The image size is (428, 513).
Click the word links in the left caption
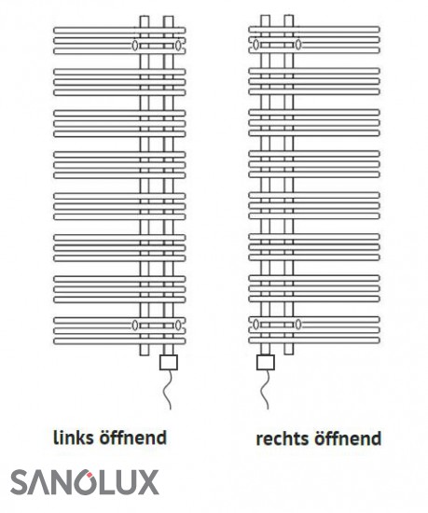click(74, 437)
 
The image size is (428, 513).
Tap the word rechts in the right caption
click(283, 438)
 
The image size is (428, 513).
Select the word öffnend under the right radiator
click(348, 438)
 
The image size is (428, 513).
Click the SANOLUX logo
click(85, 482)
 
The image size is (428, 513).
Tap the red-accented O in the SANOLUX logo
click(82, 482)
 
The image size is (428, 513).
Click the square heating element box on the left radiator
click(169, 363)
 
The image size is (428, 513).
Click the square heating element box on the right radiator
click(266, 362)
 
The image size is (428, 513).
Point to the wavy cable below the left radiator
click(168, 390)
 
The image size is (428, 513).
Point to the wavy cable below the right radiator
click(265, 389)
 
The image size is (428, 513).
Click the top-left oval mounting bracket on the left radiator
click(134, 45)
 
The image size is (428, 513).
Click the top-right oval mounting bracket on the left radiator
click(177, 45)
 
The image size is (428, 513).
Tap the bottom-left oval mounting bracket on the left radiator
click(134, 325)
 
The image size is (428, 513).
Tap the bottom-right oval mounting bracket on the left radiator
click(177, 325)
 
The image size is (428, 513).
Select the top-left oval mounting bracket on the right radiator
click(256, 44)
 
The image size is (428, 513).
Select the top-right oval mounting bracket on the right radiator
click(298, 44)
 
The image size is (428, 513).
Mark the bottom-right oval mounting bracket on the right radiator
click(298, 325)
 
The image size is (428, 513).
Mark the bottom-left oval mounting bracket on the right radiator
click(256, 325)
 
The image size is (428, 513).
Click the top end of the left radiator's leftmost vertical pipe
click(145, 16)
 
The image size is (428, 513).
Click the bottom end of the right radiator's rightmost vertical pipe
click(289, 354)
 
